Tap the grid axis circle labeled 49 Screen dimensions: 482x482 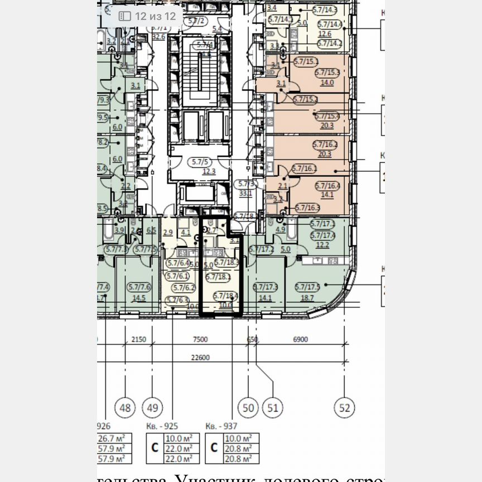[x=152, y=408]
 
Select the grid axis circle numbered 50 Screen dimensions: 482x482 [x=249, y=408]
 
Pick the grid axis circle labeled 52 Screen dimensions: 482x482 [x=345, y=408]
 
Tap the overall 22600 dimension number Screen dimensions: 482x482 [x=199, y=358]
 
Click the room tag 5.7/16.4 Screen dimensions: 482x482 [x=327, y=186]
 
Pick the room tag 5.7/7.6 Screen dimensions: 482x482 [x=139, y=287]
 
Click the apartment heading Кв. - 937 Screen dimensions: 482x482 [x=221, y=425]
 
